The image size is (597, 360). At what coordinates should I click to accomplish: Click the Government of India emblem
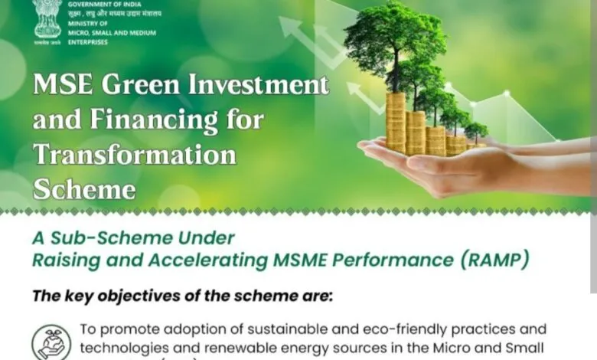pyautogui.click(x=47, y=20)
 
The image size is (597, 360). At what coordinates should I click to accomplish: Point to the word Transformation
pyautogui.click(x=135, y=155)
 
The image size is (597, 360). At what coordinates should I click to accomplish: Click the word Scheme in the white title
pyautogui.click(x=84, y=189)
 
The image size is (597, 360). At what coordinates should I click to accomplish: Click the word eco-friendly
pyautogui.click(x=403, y=330)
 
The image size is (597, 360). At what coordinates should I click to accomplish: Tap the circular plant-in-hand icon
pyautogui.click(x=51, y=341)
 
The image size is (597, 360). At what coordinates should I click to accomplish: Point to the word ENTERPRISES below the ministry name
pyautogui.click(x=88, y=41)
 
